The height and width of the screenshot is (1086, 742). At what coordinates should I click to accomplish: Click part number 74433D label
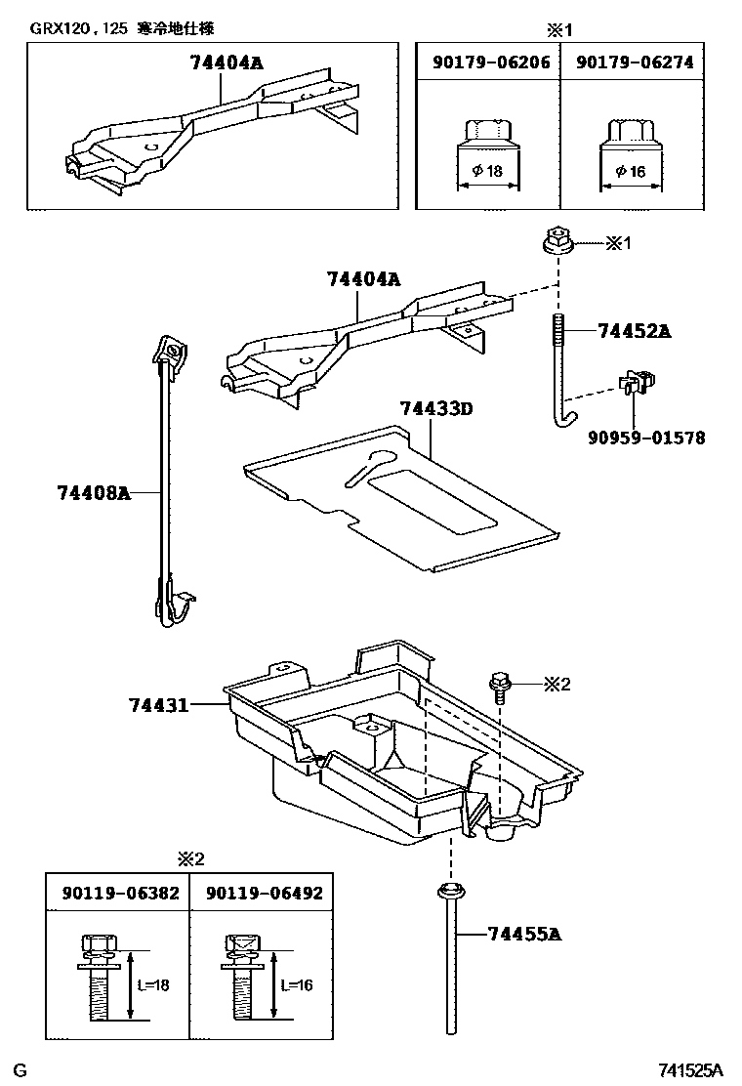[435, 408]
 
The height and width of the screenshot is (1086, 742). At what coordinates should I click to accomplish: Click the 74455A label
[523, 935]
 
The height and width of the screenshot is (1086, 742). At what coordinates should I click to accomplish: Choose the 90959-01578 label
[645, 438]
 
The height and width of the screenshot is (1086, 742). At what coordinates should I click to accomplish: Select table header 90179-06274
[635, 63]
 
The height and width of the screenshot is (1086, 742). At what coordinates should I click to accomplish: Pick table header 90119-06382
[120, 893]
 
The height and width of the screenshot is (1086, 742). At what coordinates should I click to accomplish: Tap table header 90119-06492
[263, 893]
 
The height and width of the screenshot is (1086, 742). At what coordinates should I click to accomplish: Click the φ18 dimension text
[486, 171]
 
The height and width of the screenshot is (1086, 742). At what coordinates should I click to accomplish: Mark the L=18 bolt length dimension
[153, 985]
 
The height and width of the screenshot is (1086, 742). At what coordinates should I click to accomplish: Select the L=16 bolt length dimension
[297, 985]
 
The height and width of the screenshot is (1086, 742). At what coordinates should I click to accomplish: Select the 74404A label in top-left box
[227, 63]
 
